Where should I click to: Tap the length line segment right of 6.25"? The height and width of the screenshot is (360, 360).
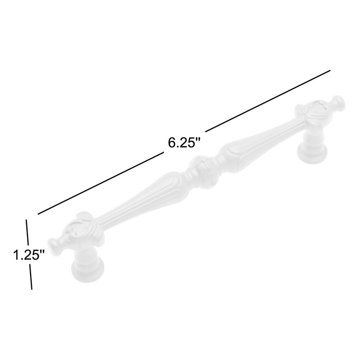click(x=268, y=101)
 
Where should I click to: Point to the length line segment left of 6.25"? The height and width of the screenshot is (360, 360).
click(x=101, y=183)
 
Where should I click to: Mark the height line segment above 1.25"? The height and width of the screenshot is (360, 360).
click(x=27, y=232)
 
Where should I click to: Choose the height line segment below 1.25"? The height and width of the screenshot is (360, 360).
click(x=31, y=277)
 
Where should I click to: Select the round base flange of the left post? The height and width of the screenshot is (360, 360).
click(x=88, y=270)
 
